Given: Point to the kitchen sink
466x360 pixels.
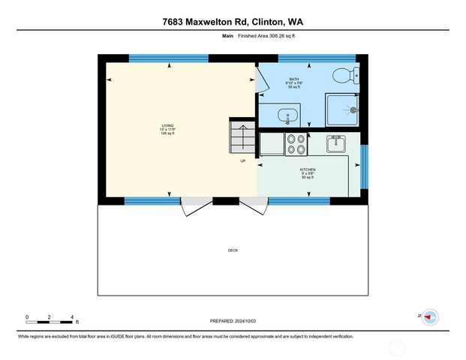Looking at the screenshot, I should coord(335,141).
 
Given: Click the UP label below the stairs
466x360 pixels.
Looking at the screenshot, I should coord(242,160).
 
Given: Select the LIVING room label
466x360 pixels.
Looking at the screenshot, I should coord(167,128).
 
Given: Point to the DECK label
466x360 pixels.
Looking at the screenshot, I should coord(233,250).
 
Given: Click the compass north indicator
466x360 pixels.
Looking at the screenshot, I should coord(430,317).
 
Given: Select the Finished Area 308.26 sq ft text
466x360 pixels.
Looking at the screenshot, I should coord(261,35).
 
